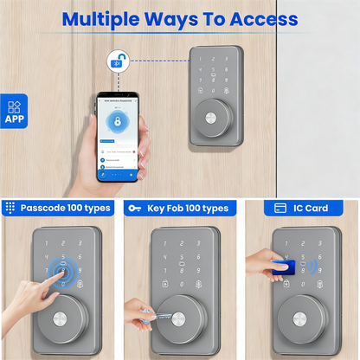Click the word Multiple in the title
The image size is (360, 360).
point(105,19)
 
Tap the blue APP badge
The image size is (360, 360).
point(14,111)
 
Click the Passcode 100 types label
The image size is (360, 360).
point(66,208)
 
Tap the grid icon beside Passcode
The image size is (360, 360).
point(10,208)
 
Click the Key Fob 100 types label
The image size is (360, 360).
point(188,208)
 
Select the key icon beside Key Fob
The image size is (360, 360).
point(134,208)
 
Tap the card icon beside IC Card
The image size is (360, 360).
point(280,208)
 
